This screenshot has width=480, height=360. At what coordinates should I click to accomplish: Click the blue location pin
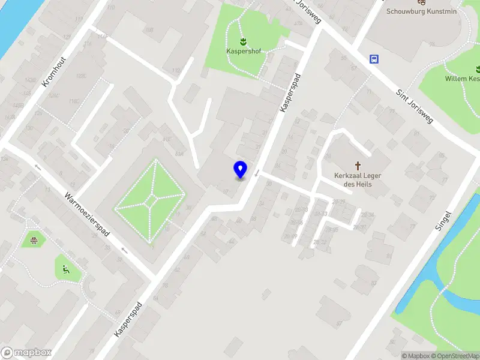pyautogui.click(x=240, y=170)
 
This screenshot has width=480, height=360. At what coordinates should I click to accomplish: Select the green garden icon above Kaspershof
pyautogui.click(x=243, y=42)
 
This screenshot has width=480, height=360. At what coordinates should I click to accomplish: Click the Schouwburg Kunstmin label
pyautogui.click(x=421, y=11)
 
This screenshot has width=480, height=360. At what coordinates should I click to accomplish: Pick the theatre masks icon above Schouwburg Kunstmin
pyautogui.click(x=421, y=2)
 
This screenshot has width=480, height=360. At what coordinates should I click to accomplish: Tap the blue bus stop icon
pyautogui.click(x=375, y=59)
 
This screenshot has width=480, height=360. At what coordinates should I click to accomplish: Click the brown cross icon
pyautogui.click(x=359, y=165)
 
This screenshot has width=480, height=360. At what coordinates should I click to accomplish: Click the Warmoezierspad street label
pyautogui.click(x=88, y=214)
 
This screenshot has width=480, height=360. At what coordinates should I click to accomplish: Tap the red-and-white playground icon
pyautogui.click(x=34, y=241)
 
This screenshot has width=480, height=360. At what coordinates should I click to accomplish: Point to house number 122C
pyautogui.click(x=80, y=76)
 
